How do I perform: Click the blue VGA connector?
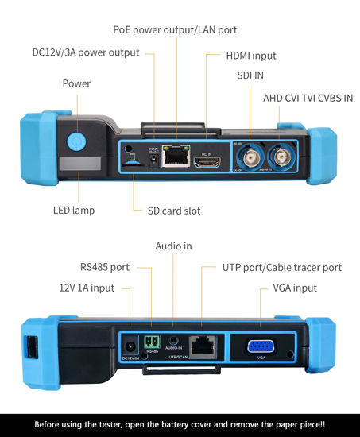coord(260,346)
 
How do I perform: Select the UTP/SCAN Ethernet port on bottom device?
coord(203,346)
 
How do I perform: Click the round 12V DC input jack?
coord(130,346)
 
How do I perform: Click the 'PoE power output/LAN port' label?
coord(175,29)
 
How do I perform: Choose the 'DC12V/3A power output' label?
coord(85,52)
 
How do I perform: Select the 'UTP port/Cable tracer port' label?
coord(282,267)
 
